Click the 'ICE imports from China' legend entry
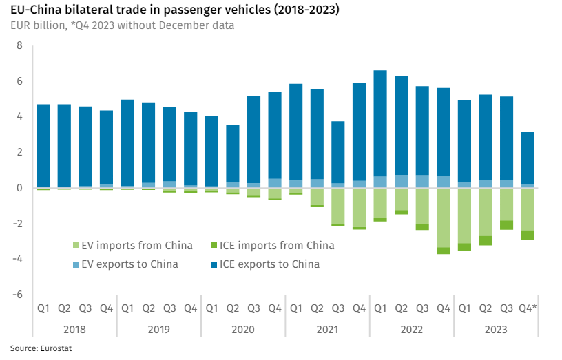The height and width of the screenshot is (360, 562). [275, 246]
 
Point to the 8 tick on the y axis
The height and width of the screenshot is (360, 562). [19, 45]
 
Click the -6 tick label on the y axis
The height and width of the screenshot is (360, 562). [18, 295]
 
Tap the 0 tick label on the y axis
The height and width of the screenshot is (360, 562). [19, 188]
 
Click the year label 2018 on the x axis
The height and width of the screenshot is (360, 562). [74, 330]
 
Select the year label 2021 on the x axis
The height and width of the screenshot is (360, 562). [327, 330]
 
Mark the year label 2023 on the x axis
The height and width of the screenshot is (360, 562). [496, 330]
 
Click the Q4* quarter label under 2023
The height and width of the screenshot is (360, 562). [528, 309]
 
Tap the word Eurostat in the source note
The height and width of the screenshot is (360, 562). [55, 348]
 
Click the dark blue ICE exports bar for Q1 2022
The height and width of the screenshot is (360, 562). [379, 124]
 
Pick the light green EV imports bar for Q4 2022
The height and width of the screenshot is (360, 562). [443, 218]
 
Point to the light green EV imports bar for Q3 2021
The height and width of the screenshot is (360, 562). [337, 206]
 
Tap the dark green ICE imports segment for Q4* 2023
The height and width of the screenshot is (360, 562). [527, 235]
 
